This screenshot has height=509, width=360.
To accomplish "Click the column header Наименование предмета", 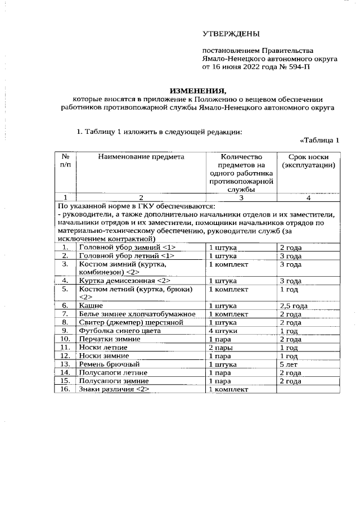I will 141,157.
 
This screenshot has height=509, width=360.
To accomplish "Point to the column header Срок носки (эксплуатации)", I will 308,161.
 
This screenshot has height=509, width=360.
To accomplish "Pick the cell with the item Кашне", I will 91,305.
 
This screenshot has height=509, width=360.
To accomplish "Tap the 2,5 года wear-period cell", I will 294,305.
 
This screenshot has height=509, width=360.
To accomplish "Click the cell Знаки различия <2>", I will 114,389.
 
